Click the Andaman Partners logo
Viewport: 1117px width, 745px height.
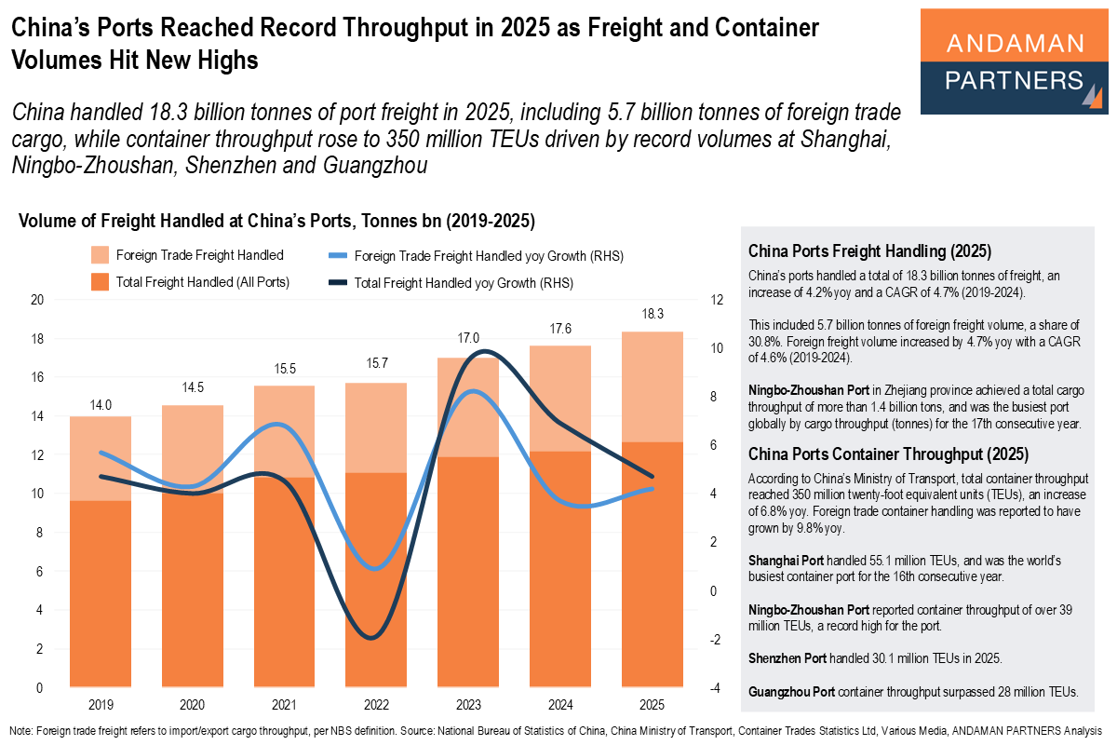click(1014, 61)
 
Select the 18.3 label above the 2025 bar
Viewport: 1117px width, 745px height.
click(653, 313)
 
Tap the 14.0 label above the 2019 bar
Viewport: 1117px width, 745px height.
click(100, 404)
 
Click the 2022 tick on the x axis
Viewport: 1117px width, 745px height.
click(376, 705)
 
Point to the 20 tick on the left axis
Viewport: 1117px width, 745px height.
click(37, 300)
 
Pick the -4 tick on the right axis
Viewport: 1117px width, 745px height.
click(714, 688)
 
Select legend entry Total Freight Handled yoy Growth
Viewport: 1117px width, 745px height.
click(463, 282)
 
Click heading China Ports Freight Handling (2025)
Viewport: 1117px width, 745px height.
click(869, 251)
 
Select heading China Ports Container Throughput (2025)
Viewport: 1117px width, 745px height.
click(888, 454)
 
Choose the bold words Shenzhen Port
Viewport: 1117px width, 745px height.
click(787, 658)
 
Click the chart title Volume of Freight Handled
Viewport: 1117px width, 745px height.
click(276, 222)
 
